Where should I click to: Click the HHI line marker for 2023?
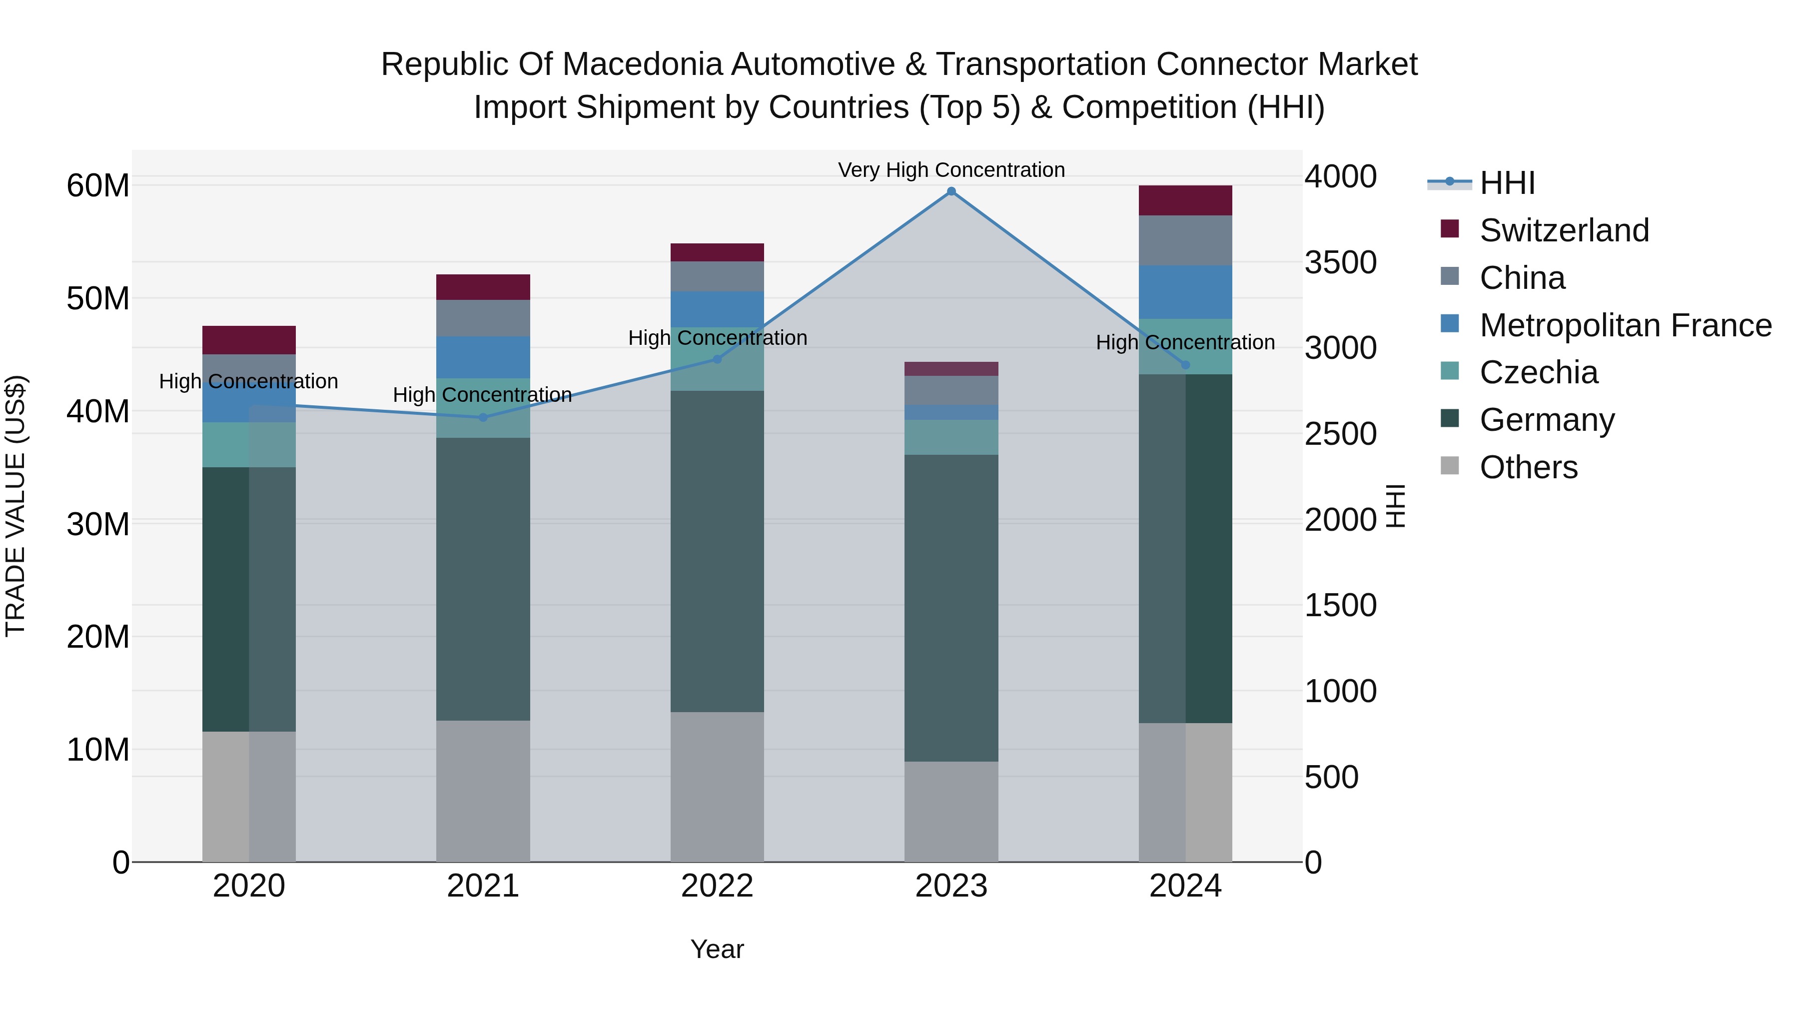951,191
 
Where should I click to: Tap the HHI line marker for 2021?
483,418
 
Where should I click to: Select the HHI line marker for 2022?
717,359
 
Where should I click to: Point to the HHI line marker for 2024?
1185,365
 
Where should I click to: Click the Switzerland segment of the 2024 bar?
1185,200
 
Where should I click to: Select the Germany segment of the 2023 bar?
951,608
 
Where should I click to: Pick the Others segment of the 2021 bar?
483,791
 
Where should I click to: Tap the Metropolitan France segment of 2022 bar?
717,309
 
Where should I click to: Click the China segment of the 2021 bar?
483,318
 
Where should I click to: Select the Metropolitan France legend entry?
1625,325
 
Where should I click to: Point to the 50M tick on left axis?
98,298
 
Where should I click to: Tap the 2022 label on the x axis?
717,886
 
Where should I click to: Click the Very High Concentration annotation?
951,170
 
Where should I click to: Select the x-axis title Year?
717,949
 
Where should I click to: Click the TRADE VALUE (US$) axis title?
15,506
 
